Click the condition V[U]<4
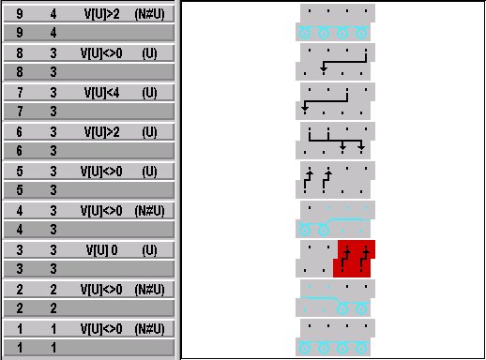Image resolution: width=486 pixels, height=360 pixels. (x=100, y=93)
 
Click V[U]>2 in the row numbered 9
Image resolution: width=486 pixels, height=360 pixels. (x=100, y=14)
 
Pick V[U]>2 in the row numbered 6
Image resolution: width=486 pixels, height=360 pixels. (x=100, y=132)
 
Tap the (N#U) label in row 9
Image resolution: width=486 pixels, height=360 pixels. (x=149, y=14)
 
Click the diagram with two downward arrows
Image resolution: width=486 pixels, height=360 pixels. (x=336, y=140)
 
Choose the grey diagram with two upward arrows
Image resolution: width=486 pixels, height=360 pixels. (x=336, y=179)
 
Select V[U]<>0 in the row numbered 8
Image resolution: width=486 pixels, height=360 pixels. (x=100, y=53)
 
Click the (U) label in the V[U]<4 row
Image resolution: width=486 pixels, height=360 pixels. (x=149, y=93)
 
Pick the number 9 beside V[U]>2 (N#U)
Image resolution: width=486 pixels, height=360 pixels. (x=19, y=14)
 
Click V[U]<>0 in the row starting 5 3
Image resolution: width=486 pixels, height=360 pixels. (x=100, y=172)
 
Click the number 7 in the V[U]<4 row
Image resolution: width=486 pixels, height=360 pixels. (x=19, y=93)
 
